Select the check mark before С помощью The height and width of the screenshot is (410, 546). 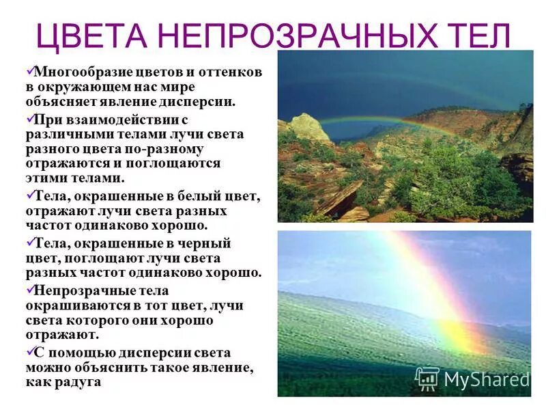pyautogui.click(x=29, y=351)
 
